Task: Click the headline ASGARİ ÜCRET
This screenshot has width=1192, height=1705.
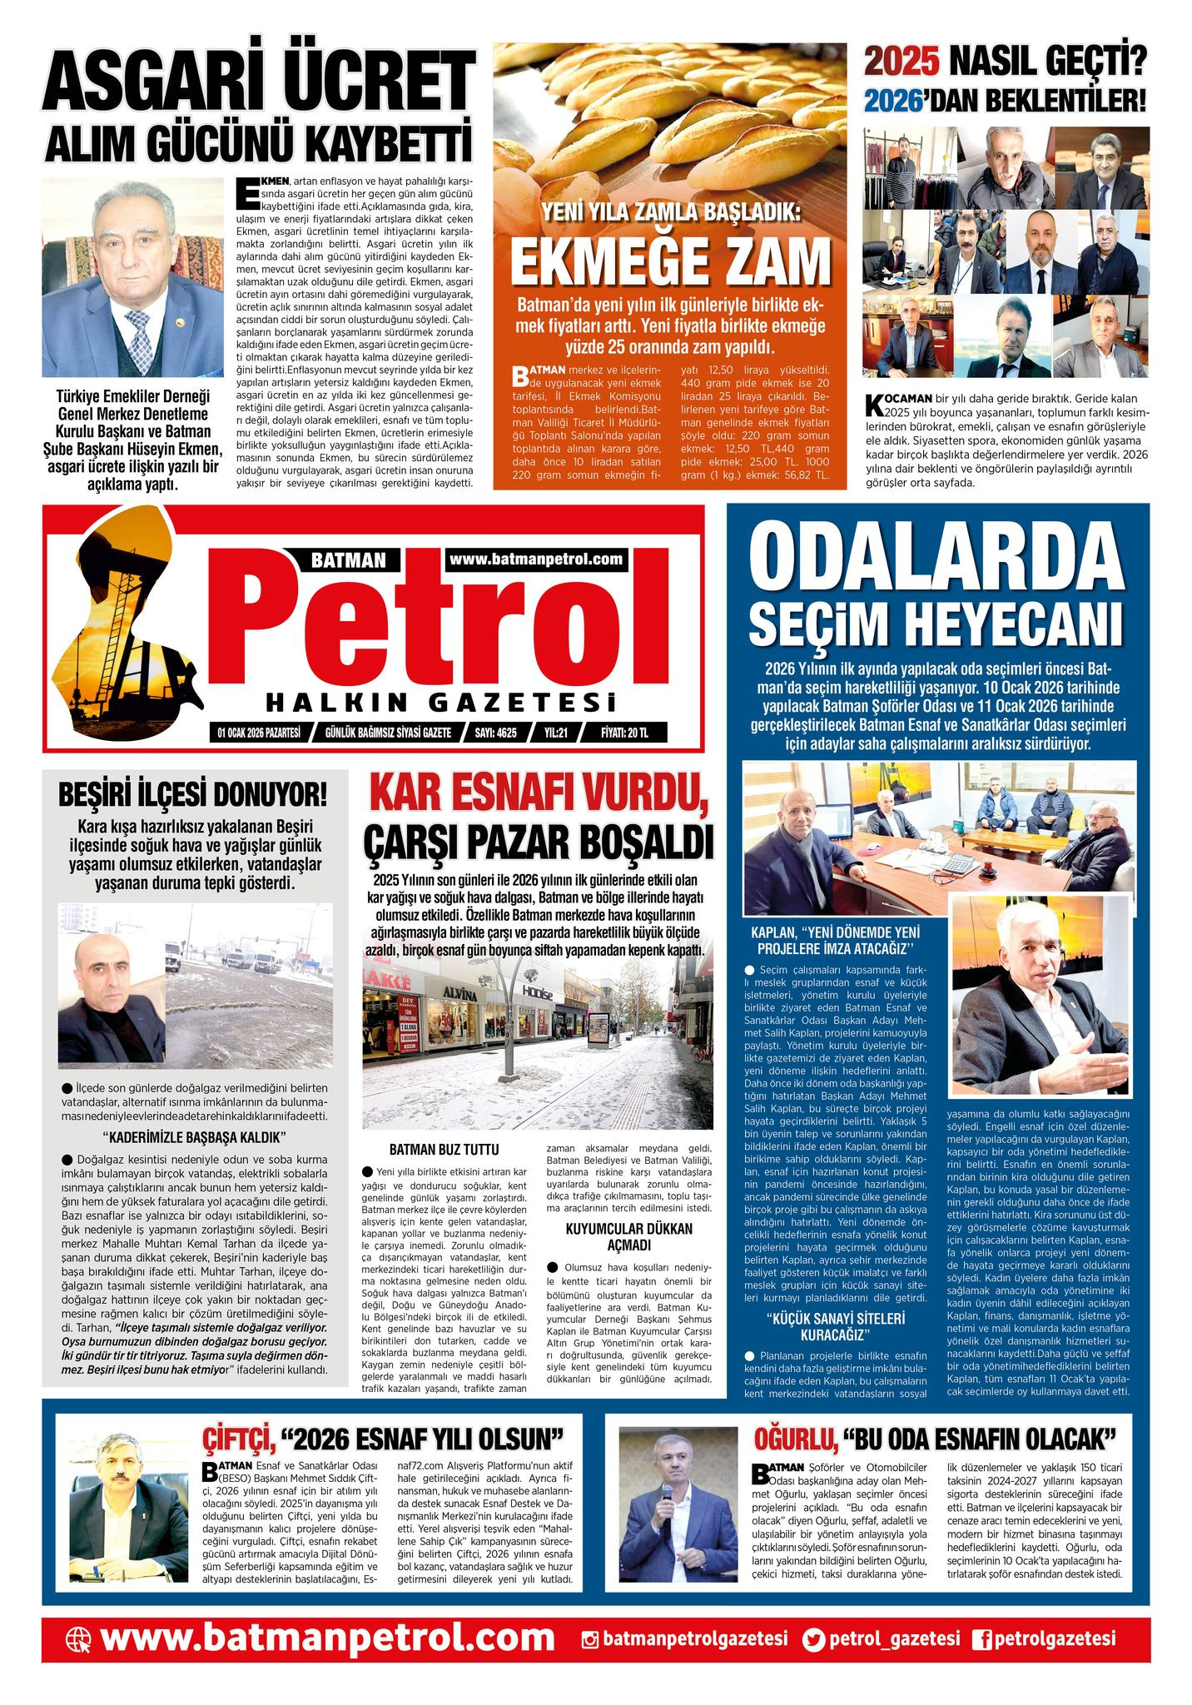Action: [x=258, y=82]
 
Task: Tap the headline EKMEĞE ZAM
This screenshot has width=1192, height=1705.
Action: [x=670, y=261]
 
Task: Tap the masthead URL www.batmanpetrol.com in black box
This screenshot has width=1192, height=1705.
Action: [x=536, y=559]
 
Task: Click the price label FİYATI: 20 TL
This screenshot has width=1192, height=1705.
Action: [x=624, y=733]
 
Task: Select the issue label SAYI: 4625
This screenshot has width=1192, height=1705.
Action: [x=495, y=733]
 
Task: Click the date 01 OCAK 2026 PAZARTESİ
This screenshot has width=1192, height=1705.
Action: [x=258, y=733]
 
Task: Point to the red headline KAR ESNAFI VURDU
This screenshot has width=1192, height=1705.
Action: [x=539, y=794]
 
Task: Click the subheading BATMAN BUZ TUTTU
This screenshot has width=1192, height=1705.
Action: [x=445, y=1150]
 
